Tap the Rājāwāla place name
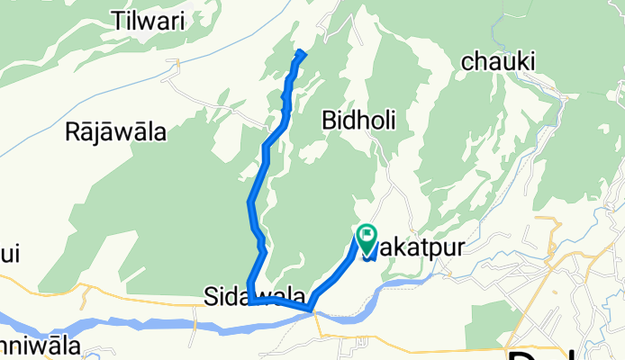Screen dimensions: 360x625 click(x=116, y=133)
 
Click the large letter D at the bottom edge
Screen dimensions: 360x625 click(x=530, y=354)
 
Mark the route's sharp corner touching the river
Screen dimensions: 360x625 click(x=312, y=310)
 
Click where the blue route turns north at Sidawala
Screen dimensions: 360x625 click(x=250, y=302)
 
